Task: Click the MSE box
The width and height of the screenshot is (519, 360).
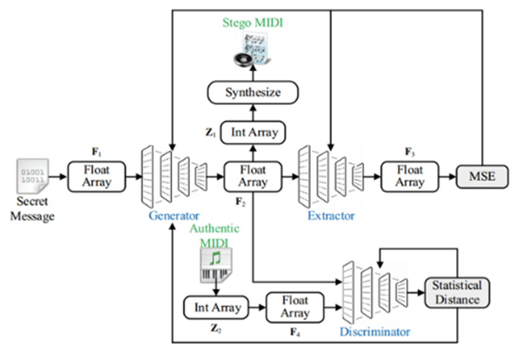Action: click(x=479, y=177)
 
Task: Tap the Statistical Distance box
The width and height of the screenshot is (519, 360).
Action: click(x=456, y=293)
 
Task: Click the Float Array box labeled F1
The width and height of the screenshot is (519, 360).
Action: click(x=97, y=176)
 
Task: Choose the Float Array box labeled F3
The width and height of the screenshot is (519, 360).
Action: click(x=409, y=176)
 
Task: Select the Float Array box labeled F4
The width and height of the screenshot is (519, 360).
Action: click(x=295, y=307)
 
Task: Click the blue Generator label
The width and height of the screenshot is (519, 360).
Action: click(x=175, y=215)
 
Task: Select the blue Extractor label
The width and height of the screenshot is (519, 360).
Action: click(x=331, y=215)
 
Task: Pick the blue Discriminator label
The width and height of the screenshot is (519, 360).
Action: click(x=374, y=331)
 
